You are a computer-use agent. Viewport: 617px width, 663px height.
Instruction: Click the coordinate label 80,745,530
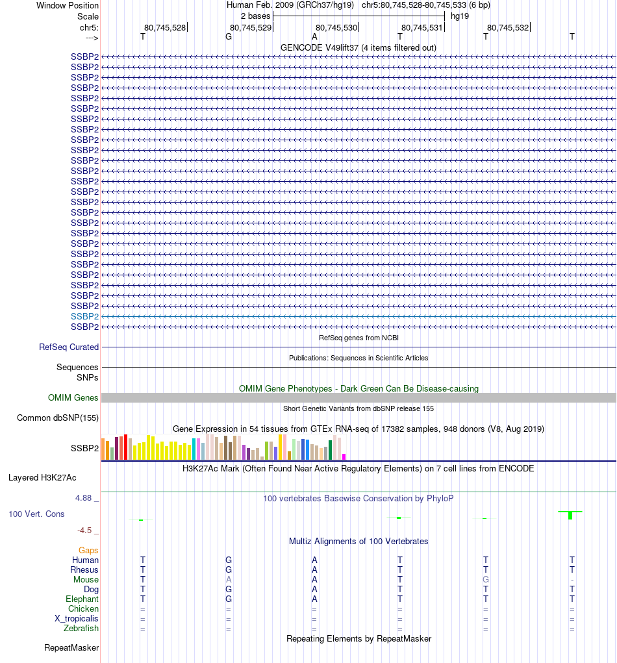click(336, 27)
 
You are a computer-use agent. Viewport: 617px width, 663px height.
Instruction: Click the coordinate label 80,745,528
click(165, 27)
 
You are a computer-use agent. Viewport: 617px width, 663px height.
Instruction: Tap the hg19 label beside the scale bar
click(459, 16)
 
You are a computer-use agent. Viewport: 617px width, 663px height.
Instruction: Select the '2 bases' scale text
click(256, 16)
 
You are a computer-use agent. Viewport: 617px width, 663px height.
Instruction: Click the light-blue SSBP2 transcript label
click(84, 316)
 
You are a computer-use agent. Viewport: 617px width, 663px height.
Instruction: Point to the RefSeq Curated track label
click(69, 347)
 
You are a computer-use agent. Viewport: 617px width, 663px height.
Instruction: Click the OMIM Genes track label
click(73, 398)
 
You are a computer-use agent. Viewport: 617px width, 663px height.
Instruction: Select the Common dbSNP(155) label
click(58, 418)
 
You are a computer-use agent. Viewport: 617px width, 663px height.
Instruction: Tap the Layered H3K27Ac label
click(42, 478)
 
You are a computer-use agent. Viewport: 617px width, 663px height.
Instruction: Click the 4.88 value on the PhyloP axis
click(84, 498)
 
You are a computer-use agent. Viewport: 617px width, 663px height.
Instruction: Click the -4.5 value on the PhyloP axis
click(86, 531)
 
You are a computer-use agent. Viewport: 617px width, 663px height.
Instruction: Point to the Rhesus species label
click(84, 570)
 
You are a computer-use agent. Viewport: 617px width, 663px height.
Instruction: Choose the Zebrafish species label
click(81, 629)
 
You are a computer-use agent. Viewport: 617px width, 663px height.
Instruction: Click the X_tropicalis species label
click(77, 619)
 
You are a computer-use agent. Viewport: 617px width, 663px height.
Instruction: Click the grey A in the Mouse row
click(229, 580)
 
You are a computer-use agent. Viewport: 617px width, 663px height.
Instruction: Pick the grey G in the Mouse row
click(485, 580)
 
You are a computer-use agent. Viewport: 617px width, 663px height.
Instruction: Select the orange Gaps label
click(88, 551)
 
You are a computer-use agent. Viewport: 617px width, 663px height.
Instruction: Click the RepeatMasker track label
click(71, 648)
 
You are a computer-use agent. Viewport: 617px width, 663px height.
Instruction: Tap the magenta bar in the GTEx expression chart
click(344, 457)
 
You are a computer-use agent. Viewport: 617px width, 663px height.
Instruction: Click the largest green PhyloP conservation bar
click(570, 516)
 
